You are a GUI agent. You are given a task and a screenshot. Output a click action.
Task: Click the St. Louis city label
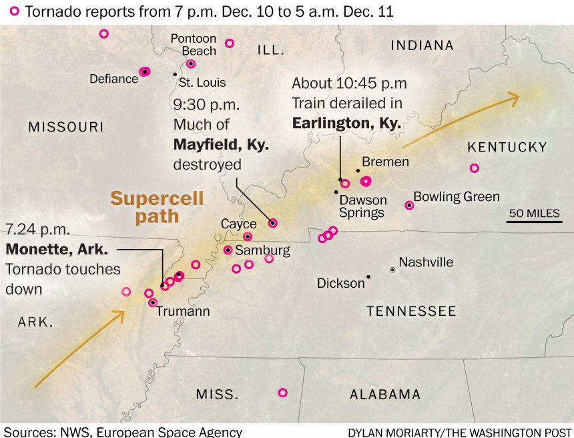(202, 83)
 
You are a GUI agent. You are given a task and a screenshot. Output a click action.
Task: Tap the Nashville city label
(426, 262)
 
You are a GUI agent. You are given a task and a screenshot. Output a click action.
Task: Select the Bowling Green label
(457, 197)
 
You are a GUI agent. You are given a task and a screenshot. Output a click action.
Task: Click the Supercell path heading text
(157, 207)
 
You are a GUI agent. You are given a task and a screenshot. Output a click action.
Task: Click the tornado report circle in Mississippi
(282, 393)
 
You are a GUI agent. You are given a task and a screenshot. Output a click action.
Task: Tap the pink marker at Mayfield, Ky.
(272, 223)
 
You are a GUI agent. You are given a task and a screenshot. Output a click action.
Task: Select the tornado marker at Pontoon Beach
(191, 63)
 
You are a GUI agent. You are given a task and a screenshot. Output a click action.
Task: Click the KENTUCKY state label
(507, 148)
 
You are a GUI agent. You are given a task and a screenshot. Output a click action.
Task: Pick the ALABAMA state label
(385, 395)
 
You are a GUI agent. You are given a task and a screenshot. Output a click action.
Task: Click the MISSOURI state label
(66, 127)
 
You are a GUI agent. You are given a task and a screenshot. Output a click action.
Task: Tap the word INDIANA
(422, 45)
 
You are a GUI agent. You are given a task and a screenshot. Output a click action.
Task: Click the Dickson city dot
(368, 276)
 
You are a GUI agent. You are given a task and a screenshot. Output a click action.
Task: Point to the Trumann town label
(183, 311)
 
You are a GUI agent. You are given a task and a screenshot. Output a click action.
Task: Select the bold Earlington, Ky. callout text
(346, 124)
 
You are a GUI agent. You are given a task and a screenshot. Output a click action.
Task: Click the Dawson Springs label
(362, 206)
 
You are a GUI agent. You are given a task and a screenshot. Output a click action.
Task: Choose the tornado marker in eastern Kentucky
(474, 168)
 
